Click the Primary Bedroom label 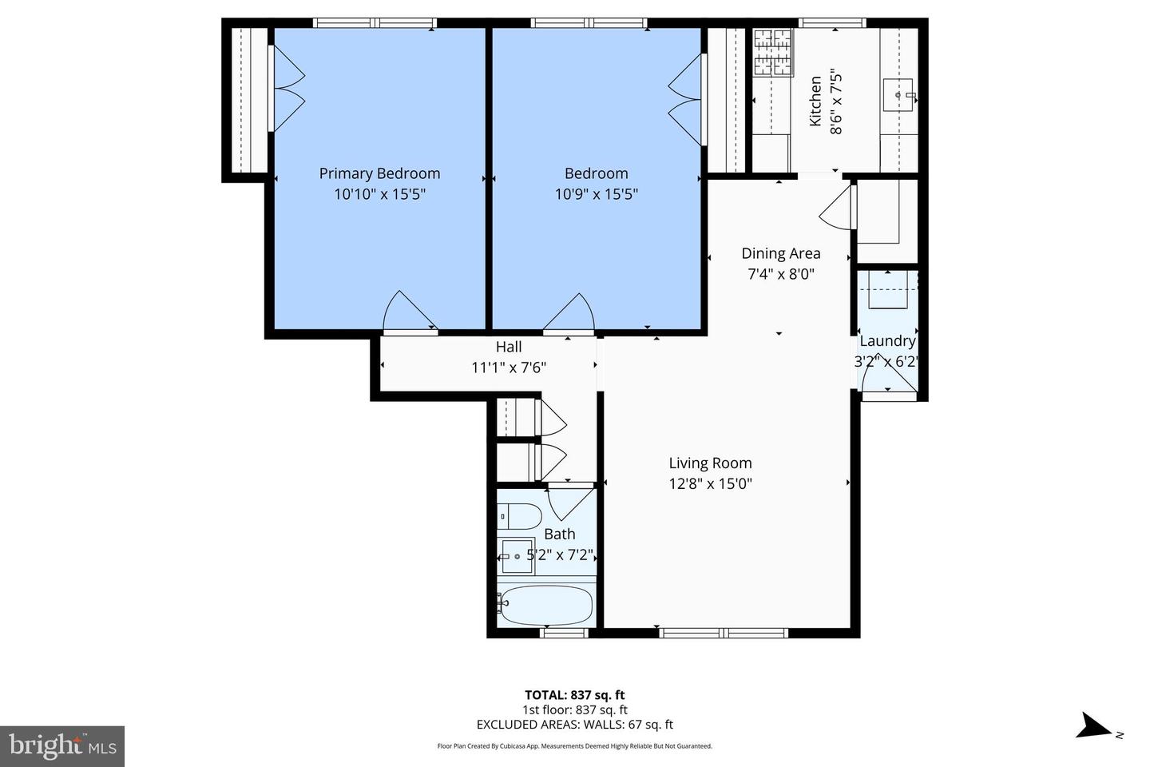pyautogui.click(x=379, y=173)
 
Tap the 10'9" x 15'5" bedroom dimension pyautogui.click(x=596, y=194)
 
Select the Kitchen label pyautogui.click(x=815, y=101)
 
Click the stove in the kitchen pyautogui.click(x=773, y=52)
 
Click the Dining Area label pyautogui.click(x=780, y=253)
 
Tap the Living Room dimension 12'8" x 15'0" pyautogui.click(x=710, y=483)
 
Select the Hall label pyautogui.click(x=509, y=347)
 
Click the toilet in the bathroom pyautogui.click(x=519, y=517)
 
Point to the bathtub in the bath pyautogui.click(x=545, y=605)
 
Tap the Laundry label pyautogui.click(x=886, y=341)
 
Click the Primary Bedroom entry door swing pyautogui.click(x=409, y=312)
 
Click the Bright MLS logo pyautogui.click(x=62, y=746)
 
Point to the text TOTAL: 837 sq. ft pyautogui.click(x=574, y=695)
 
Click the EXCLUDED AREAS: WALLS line pyautogui.click(x=574, y=725)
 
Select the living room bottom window pyautogui.click(x=724, y=633)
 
